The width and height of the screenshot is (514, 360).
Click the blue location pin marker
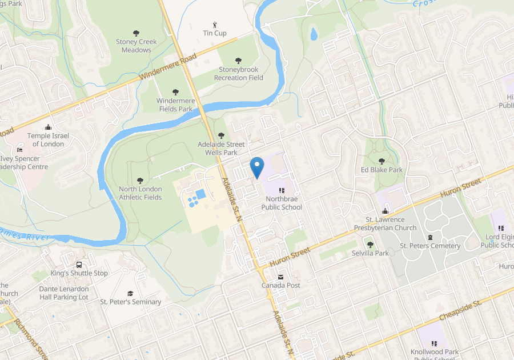coord(257,167)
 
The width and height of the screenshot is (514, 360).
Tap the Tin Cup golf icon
coord(215,24)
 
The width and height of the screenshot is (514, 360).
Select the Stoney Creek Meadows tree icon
coord(136,33)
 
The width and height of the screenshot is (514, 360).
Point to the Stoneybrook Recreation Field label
coord(239,74)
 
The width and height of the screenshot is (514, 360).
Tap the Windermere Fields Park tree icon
coord(175,92)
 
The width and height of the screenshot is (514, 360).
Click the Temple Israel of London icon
coord(47,127)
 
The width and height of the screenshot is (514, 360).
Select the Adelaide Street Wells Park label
coord(221,149)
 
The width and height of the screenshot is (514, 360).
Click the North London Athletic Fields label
coord(140,193)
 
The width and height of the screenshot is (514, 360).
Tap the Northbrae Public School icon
coord(281,190)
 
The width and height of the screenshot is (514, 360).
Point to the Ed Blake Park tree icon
coord(382,161)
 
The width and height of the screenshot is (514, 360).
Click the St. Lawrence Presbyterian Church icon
coord(385,211)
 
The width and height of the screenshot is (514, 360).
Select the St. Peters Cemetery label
coord(430,246)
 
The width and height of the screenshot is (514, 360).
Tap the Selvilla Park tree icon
coord(370,244)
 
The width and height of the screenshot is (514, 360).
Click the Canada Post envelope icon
coord(280,277)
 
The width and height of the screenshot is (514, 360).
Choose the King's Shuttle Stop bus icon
coord(79,265)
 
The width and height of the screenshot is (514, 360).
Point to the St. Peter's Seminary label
coord(131,302)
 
